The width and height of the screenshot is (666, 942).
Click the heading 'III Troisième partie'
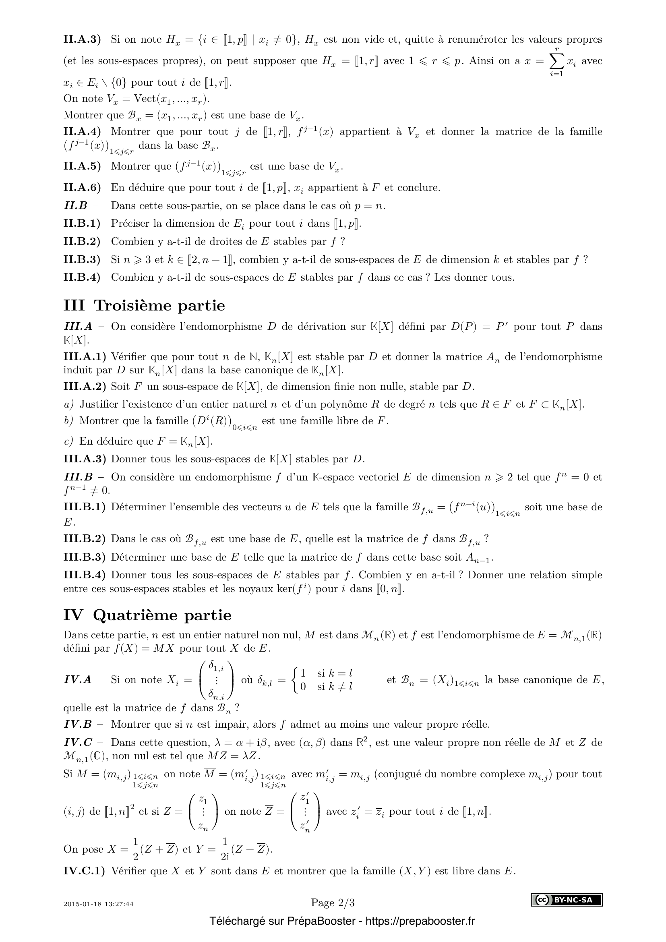(x=145, y=306)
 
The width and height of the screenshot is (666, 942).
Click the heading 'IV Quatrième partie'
(x=147, y=615)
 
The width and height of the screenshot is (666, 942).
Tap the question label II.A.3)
(x=82, y=39)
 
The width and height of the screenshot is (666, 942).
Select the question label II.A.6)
(x=82, y=188)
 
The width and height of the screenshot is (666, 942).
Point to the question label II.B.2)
(x=82, y=241)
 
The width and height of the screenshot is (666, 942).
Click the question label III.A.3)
(x=85, y=459)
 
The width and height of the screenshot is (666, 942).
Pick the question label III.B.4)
(x=85, y=575)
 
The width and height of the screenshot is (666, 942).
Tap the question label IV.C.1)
(x=84, y=871)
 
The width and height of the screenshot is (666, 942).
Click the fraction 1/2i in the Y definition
(x=224, y=850)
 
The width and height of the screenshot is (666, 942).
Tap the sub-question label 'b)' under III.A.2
(x=68, y=420)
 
